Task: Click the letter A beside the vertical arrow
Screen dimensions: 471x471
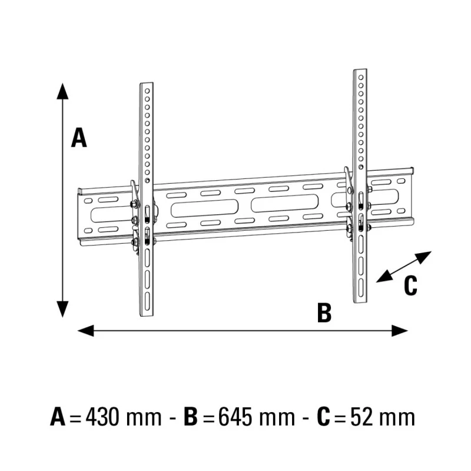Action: pyautogui.click(x=79, y=137)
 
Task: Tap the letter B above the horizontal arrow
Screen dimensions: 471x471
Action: pyautogui.click(x=324, y=313)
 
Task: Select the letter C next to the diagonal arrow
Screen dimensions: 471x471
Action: pyautogui.click(x=410, y=286)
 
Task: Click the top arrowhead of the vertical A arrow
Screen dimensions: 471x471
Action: pyautogui.click(x=62, y=90)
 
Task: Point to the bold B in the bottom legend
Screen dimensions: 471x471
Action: pyautogui.click(x=191, y=417)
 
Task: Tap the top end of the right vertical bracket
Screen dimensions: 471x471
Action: pyautogui.click(x=360, y=71)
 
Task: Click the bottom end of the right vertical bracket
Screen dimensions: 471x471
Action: pyautogui.click(x=360, y=301)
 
